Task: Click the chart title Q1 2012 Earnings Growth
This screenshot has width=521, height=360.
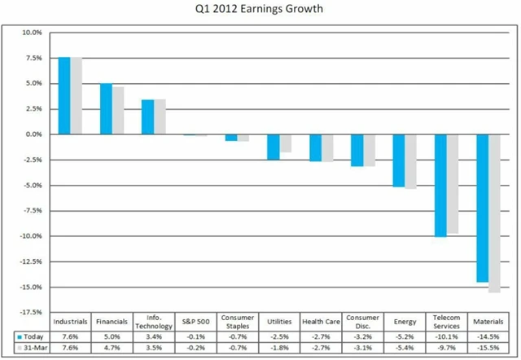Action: tap(261, 11)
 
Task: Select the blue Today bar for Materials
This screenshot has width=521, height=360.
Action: tap(482, 208)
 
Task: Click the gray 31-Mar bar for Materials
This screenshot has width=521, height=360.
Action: tap(493, 213)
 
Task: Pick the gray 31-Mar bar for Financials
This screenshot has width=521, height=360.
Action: tap(117, 110)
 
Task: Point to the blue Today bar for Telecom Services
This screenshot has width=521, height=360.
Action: tap(440, 186)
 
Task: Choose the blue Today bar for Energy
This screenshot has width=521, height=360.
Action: tap(398, 160)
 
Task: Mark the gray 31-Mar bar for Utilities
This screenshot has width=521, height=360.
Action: tap(285, 143)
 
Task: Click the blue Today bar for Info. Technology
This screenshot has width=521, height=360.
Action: tap(147, 116)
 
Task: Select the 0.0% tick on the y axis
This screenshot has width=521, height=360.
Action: tap(33, 134)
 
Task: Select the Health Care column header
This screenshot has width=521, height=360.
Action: tap(321, 321)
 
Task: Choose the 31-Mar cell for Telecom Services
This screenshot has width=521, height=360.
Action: tap(447, 348)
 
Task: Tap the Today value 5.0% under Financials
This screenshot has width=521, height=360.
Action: tap(112, 336)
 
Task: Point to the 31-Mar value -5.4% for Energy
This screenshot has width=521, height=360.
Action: tap(405, 348)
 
